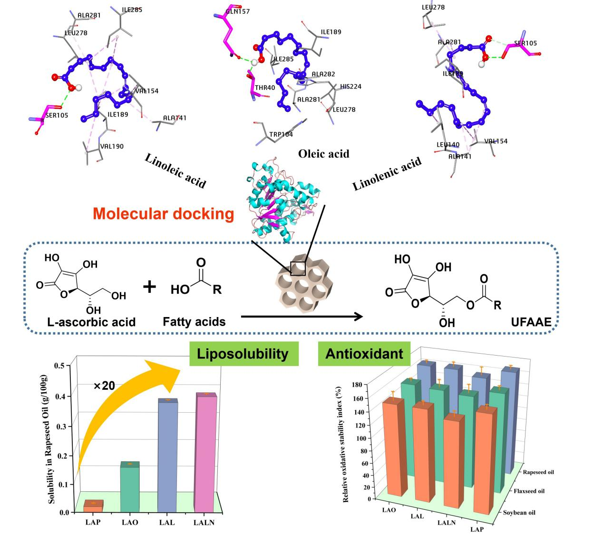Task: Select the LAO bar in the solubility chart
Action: coord(130,488)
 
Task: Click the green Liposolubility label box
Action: coord(243,354)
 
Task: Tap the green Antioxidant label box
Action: coord(364,354)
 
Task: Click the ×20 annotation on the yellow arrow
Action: coord(104,386)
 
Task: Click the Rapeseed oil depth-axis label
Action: coord(538,472)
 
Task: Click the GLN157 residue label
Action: coord(238,11)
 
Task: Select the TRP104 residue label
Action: coord(281,134)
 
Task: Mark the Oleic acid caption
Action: coord(323,154)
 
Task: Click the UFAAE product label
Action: coord(532,322)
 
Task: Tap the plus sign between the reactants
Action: coord(150,287)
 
